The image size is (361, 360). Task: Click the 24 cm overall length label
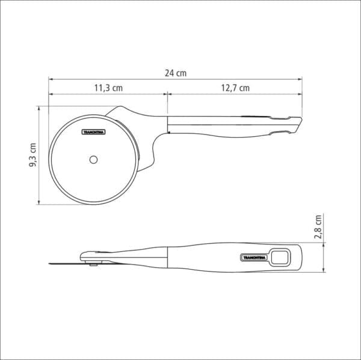coord(176,73)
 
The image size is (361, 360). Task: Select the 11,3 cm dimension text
coord(108,88)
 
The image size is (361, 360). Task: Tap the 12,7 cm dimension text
coord(235,88)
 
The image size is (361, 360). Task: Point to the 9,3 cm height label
coord(33,156)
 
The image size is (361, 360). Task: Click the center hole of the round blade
coord(93,160)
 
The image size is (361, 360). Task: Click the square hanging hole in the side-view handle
coord(279,258)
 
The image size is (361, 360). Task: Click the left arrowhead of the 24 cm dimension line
coord(51,79)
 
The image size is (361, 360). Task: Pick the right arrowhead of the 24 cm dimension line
coord(300,79)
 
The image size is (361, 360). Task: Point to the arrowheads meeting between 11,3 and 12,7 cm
coord(167,94)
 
